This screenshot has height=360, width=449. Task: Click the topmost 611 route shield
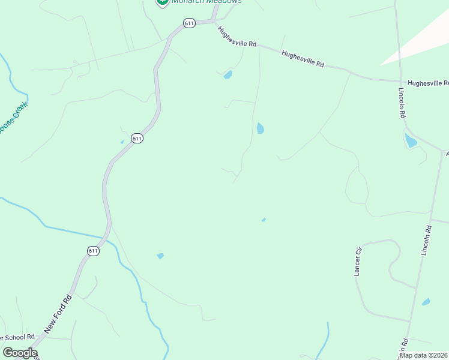(x=189, y=23)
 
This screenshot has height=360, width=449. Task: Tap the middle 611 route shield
(x=137, y=138)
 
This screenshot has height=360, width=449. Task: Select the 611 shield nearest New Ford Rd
(x=93, y=251)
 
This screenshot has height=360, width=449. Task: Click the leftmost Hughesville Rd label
(x=237, y=37)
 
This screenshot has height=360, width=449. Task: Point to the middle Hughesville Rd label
(x=303, y=59)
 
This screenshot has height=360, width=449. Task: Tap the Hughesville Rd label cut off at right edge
(x=428, y=83)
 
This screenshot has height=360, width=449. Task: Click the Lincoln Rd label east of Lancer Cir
(x=426, y=241)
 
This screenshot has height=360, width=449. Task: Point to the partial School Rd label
(x=17, y=337)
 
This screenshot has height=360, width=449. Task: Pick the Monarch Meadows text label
(x=206, y=2)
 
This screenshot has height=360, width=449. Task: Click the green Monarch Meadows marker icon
(x=161, y=2)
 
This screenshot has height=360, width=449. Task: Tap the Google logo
(x=20, y=353)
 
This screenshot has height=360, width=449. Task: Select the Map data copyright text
(x=424, y=355)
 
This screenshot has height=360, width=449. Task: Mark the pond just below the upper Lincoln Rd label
(x=411, y=141)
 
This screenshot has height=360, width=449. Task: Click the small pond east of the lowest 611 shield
(x=160, y=256)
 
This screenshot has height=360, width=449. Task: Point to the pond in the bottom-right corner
(x=426, y=302)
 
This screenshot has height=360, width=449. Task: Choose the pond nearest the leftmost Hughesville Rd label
(x=228, y=75)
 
